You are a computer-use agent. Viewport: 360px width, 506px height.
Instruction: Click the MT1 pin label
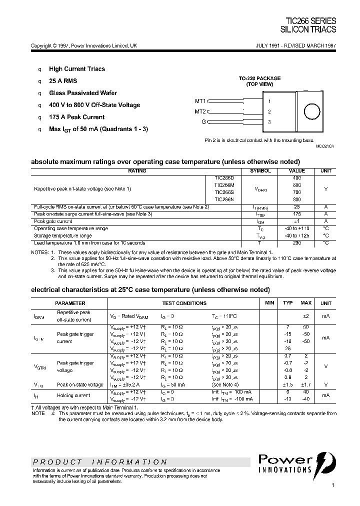pos(200,101)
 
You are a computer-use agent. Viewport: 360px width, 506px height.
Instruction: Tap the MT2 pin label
pos(200,111)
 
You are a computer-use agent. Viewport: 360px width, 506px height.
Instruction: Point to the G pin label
pos(203,122)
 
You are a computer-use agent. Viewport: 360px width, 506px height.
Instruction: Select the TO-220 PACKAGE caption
pos(259,78)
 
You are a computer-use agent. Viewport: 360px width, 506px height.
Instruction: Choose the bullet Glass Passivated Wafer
pos(83,93)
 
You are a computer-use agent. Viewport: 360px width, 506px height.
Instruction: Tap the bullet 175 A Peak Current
pos(76,117)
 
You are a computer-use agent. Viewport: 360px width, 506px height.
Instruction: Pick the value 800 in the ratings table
pos(296,199)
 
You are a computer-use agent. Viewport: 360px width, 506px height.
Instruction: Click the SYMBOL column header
pos(260,171)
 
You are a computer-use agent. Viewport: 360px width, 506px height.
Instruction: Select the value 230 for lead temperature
pos(296,242)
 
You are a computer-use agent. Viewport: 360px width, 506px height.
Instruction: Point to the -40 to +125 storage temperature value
pos(296,235)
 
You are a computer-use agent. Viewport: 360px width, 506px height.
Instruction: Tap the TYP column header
pos(288,303)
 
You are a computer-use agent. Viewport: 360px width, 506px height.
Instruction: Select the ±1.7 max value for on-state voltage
pos(305,384)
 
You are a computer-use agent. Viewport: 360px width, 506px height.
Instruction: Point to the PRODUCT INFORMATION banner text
pos(100,462)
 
